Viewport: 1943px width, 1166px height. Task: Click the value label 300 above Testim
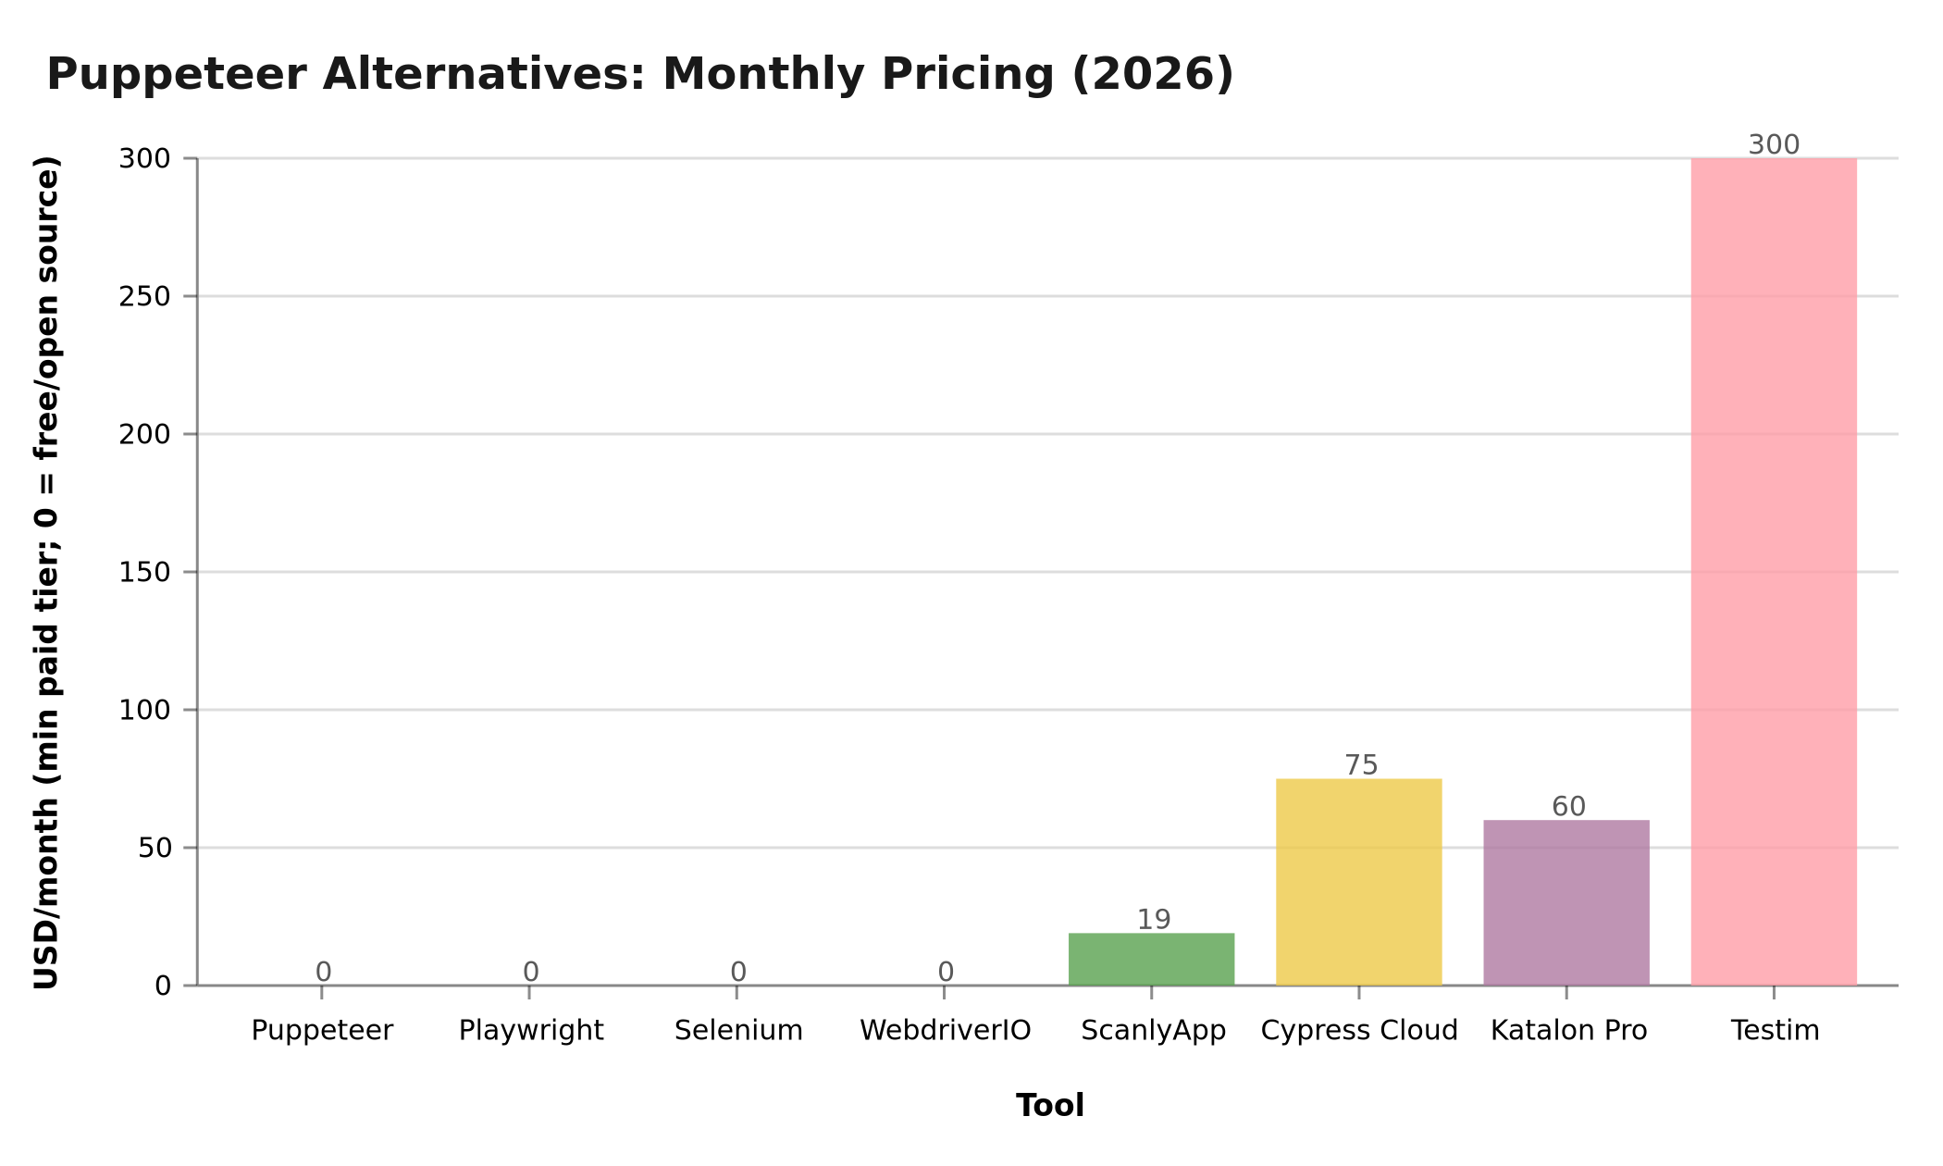coord(1774,145)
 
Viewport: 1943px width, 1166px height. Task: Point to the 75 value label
coord(1361,765)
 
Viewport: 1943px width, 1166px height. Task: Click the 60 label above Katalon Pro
coord(1568,807)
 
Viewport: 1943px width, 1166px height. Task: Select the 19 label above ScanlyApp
coord(1154,920)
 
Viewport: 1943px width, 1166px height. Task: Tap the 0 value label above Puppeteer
coord(323,972)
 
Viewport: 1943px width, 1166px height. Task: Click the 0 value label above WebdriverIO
coord(946,972)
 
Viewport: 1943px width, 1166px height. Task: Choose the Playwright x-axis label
coord(531,1031)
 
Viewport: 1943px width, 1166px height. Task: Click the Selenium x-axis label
coord(738,1031)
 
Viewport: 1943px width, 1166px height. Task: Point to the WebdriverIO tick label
coord(945,1031)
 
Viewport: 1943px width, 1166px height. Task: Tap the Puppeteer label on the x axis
coord(322,1031)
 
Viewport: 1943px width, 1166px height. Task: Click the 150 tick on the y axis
coord(145,573)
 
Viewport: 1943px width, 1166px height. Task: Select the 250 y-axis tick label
coord(145,297)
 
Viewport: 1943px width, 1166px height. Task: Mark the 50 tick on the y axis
coord(155,849)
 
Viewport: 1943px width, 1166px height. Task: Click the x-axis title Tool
coord(1049,1106)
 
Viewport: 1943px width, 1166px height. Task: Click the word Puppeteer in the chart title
coord(182,74)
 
